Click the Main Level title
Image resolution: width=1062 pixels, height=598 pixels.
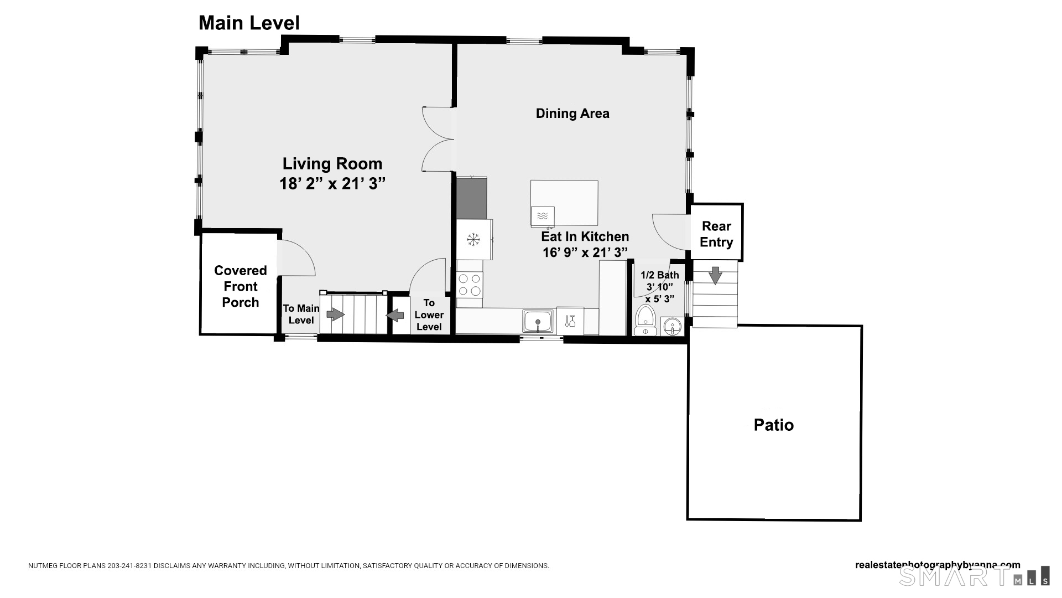click(x=249, y=23)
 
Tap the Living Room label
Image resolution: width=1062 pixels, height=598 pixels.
click(x=332, y=164)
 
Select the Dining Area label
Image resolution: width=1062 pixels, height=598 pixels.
click(x=572, y=114)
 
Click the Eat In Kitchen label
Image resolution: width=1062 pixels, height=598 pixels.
click(x=585, y=236)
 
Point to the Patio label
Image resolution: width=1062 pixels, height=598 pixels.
click(x=774, y=425)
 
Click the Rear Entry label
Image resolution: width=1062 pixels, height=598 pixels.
click(x=716, y=234)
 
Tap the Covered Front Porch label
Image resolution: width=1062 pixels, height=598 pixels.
click(x=241, y=286)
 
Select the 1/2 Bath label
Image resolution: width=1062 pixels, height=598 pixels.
click(x=659, y=275)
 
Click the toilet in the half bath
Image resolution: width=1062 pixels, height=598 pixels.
click(x=645, y=320)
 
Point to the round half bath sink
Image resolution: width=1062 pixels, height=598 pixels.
click(x=672, y=327)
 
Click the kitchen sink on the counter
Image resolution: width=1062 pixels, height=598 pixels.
click(x=537, y=322)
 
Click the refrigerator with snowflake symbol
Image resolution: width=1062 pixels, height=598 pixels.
click(x=474, y=239)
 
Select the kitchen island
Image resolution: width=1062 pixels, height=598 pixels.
click(x=564, y=203)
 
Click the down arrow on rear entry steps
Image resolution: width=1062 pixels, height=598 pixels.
click(x=715, y=275)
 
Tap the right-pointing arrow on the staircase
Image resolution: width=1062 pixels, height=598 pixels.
click(x=335, y=315)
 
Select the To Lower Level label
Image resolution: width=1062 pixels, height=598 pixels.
click(x=429, y=315)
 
